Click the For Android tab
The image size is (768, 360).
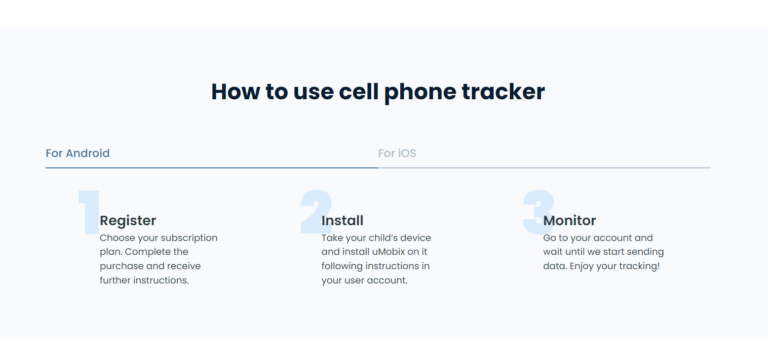pos(77,153)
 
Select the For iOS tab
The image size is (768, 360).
pos(397,153)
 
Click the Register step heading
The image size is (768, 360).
pos(128,220)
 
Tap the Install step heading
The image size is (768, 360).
pos(342,220)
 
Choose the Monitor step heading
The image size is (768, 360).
pos(569,220)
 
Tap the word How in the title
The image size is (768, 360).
pos(235,92)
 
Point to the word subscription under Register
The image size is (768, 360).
pos(189,238)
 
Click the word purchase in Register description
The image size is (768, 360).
pos(121,266)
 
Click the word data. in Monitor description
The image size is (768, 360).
pos(555,266)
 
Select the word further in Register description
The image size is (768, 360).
pos(115,280)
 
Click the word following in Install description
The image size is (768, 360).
pos(342,266)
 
